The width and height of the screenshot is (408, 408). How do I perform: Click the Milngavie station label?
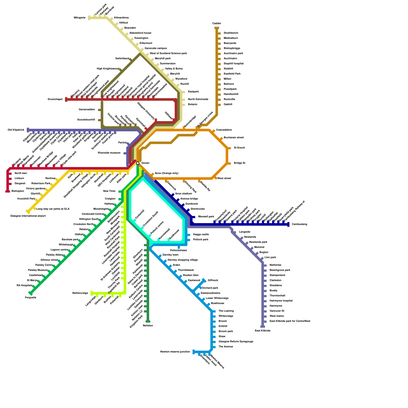coord(80,18)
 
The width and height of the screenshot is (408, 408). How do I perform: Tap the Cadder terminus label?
coord(217,23)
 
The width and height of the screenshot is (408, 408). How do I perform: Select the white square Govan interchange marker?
coord(138,163)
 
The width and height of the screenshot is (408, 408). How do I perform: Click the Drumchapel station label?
coord(55,99)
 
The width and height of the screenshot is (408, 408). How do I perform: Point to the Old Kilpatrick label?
coord(16,130)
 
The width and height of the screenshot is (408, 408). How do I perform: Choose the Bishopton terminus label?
coord(18,191)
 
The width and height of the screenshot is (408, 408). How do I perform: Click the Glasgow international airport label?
coord(28,216)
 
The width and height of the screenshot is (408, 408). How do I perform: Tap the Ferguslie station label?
coord(31,298)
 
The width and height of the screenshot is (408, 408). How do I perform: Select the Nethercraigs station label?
coord(80,293)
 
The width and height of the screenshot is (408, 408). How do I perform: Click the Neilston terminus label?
coord(148,326)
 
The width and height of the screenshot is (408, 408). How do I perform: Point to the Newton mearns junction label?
coord(175,352)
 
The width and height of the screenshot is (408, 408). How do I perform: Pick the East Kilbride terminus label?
coord(263,331)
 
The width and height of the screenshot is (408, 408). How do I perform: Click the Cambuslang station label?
coord(299,224)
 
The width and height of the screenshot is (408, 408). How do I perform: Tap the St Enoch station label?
coord(239,148)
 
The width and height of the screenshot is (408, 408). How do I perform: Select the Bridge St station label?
coord(239,163)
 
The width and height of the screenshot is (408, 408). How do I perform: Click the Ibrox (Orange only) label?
coord(167,173)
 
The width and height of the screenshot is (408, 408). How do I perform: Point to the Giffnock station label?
coord(213,280)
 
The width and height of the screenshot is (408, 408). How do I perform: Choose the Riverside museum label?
coord(109,153)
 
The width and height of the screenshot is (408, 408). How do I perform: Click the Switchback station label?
coord(122,59)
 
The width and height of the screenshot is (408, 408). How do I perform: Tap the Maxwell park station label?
coord(206,217)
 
